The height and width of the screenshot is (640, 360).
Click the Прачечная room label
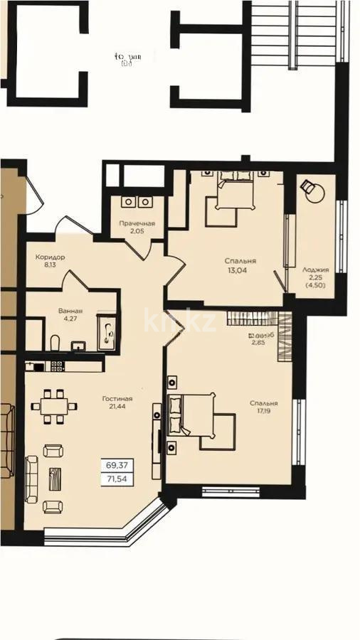click(137, 224)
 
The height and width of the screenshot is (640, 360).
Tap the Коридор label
click(51, 257)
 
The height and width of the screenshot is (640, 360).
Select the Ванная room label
click(70, 311)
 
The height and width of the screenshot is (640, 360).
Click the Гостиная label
click(117, 399)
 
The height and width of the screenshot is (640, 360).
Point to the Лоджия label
click(315, 270)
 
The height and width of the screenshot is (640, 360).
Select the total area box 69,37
click(117, 465)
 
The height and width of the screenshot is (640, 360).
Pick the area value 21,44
click(117, 408)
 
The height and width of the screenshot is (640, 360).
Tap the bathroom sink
click(79, 346)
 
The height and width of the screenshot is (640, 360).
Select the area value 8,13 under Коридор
click(51, 266)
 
